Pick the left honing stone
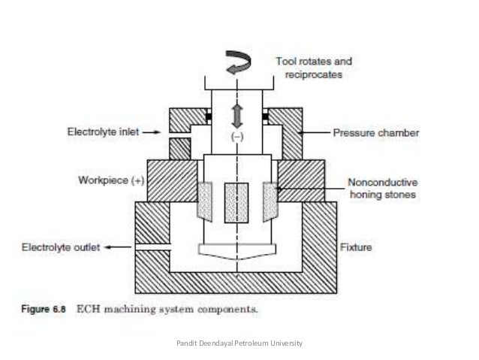tap(204, 201)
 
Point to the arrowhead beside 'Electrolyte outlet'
tap(110, 246)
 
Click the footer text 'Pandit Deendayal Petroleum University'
tap(239, 343)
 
